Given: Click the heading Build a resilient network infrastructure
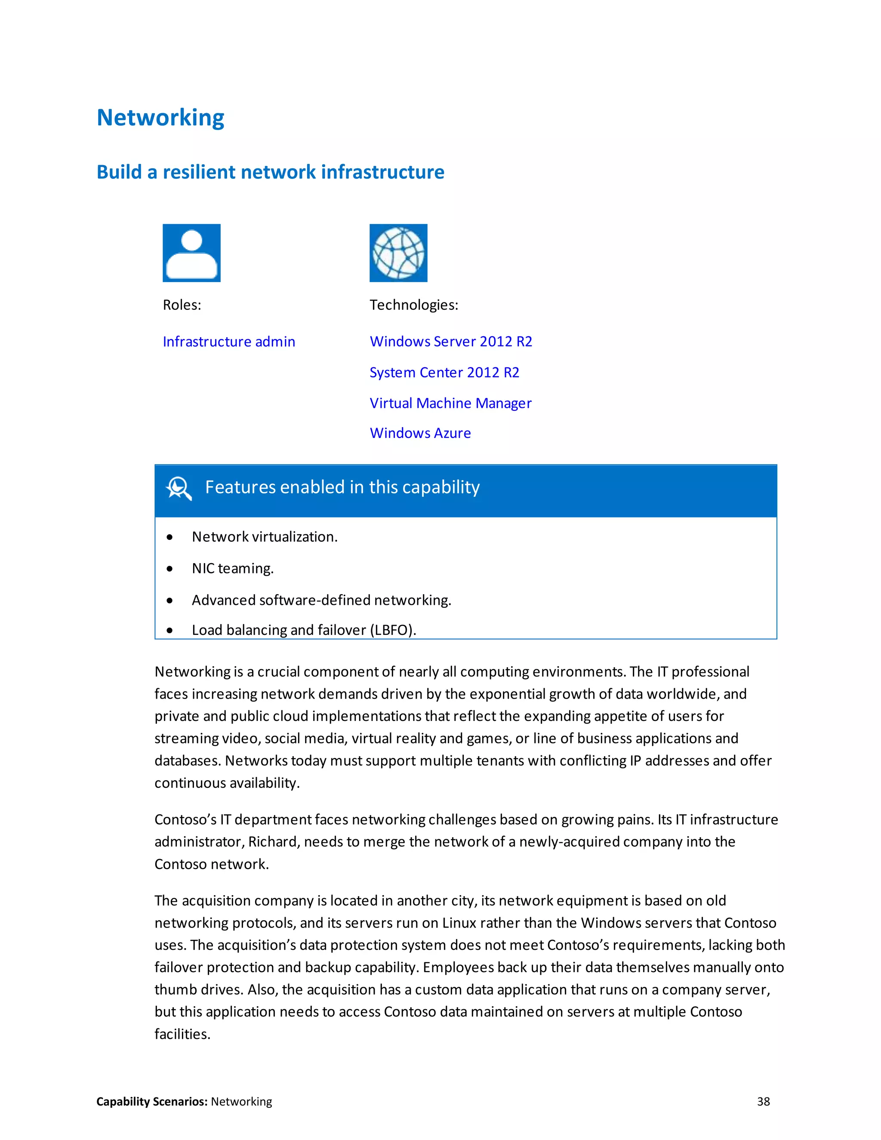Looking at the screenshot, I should pyautogui.click(x=270, y=172).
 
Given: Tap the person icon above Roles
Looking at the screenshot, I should pyautogui.click(x=191, y=253).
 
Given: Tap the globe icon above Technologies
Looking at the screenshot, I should pyautogui.click(x=398, y=253).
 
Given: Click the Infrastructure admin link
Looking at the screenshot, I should pyautogui.click(x=228, y=342).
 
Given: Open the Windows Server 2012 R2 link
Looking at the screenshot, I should pyautogui.click(x=451, y=342).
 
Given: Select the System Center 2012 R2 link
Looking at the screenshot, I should pyautogui.click(x=444, y=372).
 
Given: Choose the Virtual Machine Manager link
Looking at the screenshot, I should pyautogui.click(x=450, y=403).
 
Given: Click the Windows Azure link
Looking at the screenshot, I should pyautogui.click(x=420, y=433).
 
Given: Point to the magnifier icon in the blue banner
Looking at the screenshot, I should pyautogui.click(x=179, y=489).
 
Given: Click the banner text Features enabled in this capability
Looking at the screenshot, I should pyautogui.click(x=342, y=487).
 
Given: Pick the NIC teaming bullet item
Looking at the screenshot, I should pyautogui.click(x=233, y=568).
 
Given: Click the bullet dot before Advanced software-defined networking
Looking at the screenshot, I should pyautogui.click(x=169, y=601).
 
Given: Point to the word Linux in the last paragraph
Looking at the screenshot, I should pyautogui.click(x=459, y=923).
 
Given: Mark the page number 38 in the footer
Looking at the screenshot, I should pyautogui.click(x=763, y=1101).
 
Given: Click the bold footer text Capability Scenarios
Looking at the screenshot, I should pyautogui.click(x=152, y=1101).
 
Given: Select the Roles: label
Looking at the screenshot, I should pyautogui.click(x=182, y=305).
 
